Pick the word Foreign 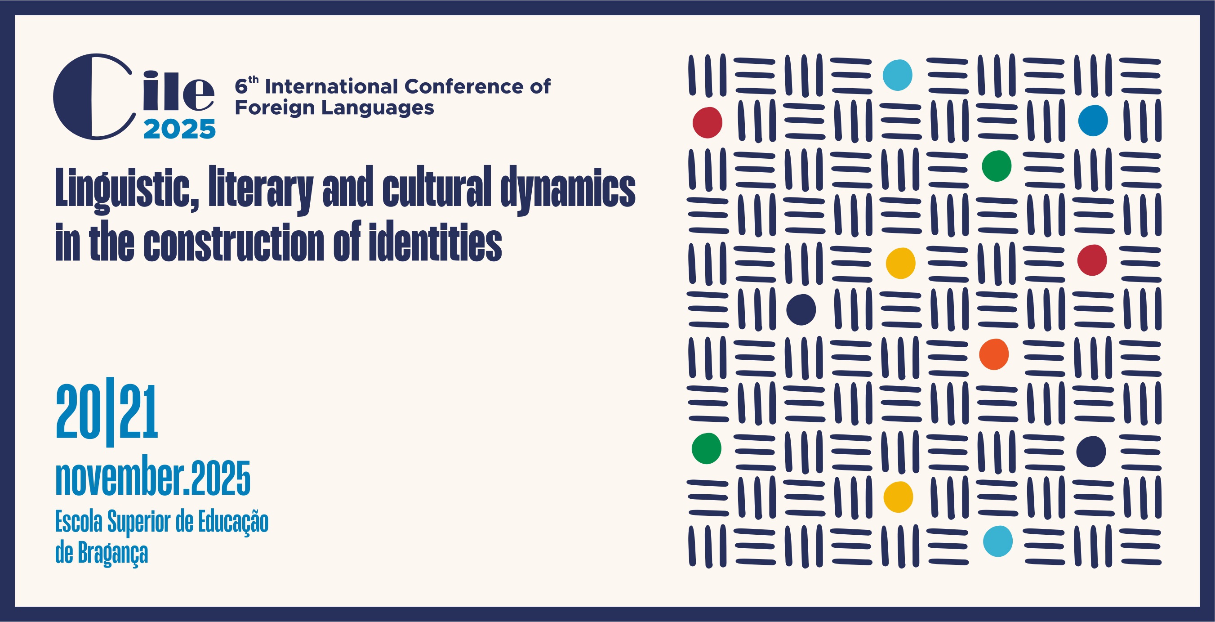(275, 108)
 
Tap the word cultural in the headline (437, 187)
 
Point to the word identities (436, 241)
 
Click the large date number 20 (78, 412)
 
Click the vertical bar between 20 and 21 (111, 412)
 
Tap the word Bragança (113, 553)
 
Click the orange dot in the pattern (994, 354)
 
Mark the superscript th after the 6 (253, 79)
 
